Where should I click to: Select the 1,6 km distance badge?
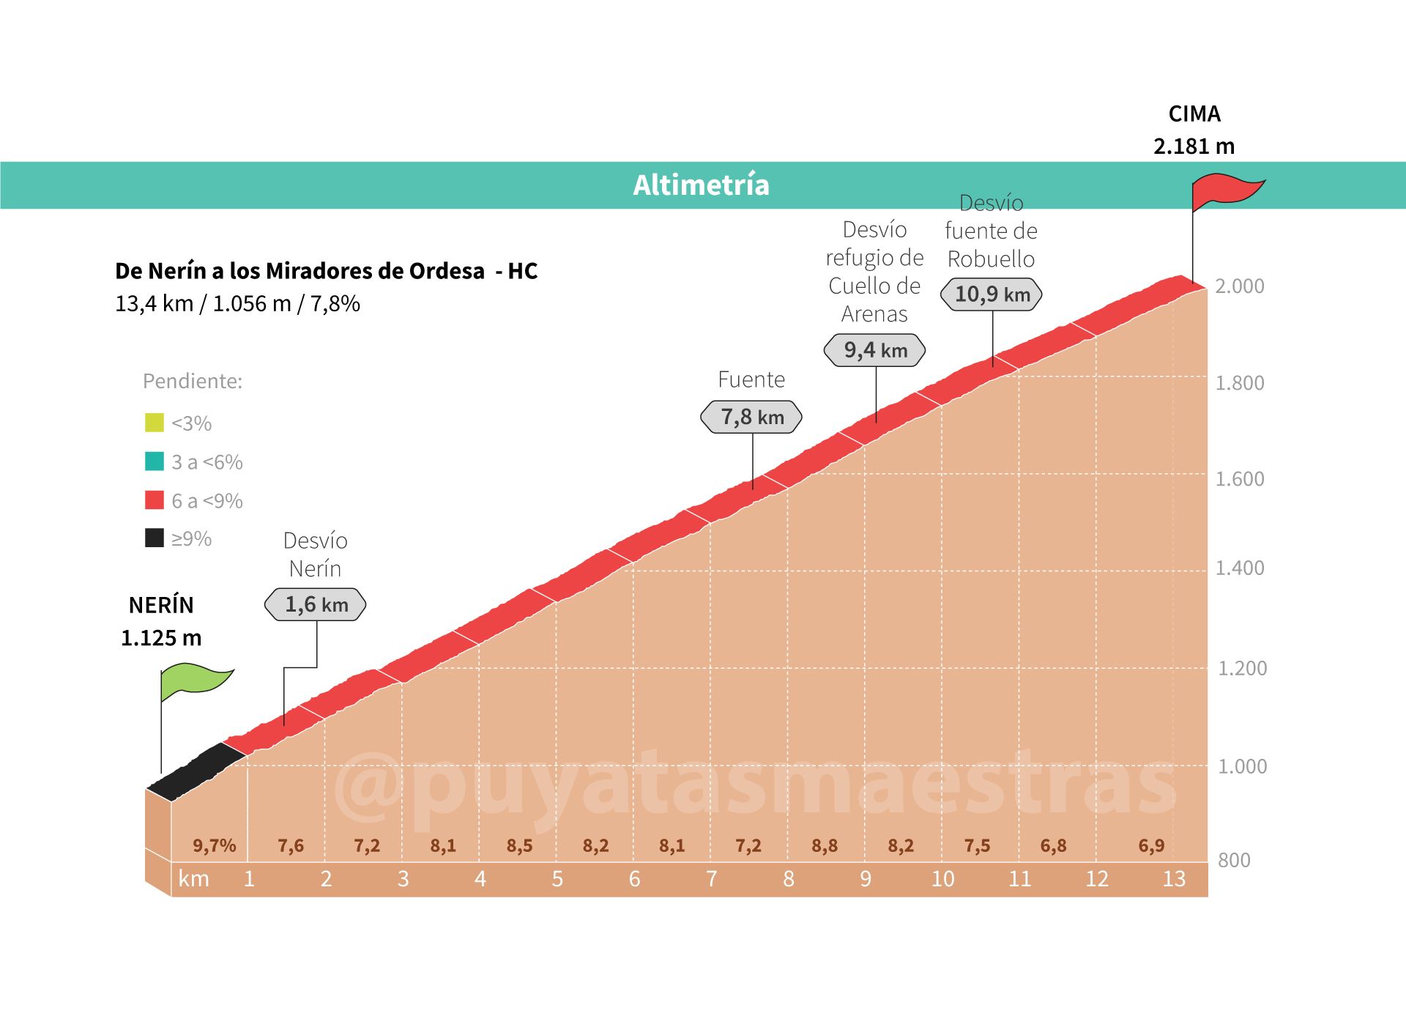[316, 605]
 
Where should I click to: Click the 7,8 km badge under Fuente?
[751, 418]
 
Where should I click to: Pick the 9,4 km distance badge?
[874, 350]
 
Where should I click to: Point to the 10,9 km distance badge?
[992, 294]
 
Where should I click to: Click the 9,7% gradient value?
[214, 846]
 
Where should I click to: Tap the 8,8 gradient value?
[825, 846]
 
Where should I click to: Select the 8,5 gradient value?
[519, 846]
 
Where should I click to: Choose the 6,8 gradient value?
[1053, 846]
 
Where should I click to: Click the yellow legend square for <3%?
[155, 423]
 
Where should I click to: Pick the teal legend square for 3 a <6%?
[155, 461]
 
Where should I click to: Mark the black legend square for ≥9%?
[155, 538]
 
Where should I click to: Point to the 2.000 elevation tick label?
[1239, 286]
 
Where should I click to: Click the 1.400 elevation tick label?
[1239, 568]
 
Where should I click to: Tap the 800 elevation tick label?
[1234, 860]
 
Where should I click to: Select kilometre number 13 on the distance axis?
[1174, 879]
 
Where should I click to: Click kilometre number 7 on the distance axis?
[711, 879]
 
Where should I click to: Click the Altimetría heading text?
[701, 185]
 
